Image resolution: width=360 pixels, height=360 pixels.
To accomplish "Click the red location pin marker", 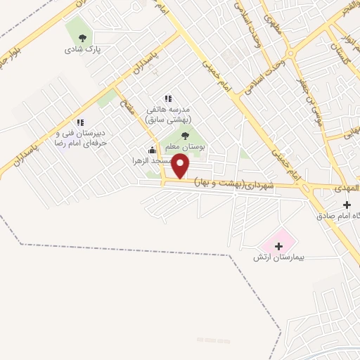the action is coord(181,167).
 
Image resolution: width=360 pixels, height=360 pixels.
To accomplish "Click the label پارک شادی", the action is coord(83,50).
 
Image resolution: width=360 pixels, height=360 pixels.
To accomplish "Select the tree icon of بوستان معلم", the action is coord(185,135).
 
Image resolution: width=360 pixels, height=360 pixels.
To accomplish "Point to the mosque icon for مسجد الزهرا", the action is coord(152,149).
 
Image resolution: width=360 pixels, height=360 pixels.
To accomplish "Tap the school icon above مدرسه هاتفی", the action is coord(167,99).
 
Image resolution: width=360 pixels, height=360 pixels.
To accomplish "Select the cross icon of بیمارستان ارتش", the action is coord(279,246).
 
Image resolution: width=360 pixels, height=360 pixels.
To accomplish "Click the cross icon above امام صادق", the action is coord(347,205).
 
